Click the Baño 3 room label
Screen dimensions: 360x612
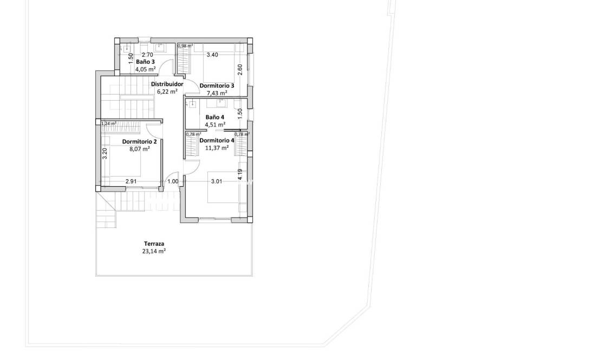point(146,62)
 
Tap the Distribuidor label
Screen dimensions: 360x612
point(167,84)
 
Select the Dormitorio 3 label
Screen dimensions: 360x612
point(217,86)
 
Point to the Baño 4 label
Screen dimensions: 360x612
point(215,117)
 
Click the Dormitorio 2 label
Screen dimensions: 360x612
point(139,142)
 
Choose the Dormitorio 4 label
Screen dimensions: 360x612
point(217,140)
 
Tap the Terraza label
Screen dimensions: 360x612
point(154,244)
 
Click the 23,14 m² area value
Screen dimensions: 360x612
point(154,251)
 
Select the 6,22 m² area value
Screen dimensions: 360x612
point(167,92)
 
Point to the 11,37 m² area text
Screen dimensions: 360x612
point(216,147)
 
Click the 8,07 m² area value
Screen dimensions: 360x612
point(139,149)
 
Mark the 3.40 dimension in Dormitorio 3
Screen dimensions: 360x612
point(212,55)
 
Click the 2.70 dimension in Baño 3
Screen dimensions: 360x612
point(147,55)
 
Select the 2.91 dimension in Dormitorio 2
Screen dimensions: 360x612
point(131,181)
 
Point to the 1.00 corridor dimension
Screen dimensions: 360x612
point(172,181)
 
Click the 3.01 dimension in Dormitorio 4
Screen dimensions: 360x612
point(217,181)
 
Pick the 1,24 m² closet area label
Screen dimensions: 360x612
point(109,123)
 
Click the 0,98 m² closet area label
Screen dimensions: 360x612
point(185,46)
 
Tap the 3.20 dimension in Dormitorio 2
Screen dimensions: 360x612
point(105,153)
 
